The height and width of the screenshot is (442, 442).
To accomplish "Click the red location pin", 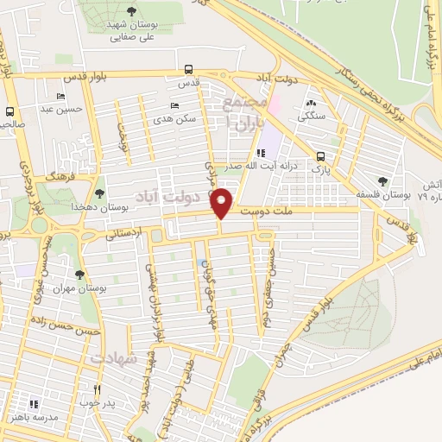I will [222, 203].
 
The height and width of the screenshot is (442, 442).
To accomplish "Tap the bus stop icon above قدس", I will [189, 71].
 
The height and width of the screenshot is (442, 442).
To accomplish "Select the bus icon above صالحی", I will [10, 111].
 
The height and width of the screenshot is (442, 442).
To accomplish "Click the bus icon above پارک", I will [321, 156].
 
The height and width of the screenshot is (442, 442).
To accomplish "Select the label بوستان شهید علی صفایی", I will [130, 31].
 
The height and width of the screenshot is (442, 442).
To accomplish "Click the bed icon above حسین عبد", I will [60, 96].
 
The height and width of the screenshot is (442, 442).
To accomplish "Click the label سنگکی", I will [310, 116].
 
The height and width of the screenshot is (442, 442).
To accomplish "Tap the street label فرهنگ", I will [63, 174].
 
